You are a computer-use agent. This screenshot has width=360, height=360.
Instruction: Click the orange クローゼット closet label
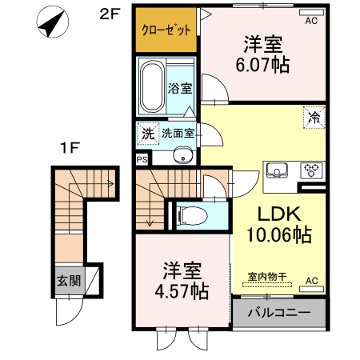166,30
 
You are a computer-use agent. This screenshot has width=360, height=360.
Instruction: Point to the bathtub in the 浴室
151,86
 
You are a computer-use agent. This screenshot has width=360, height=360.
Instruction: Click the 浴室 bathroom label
180,89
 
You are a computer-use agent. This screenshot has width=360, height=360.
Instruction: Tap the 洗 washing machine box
147,133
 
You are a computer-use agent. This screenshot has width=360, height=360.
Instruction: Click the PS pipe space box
142,159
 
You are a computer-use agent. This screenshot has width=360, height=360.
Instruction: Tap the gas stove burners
310,170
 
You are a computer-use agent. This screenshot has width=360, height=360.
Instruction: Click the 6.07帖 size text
262,65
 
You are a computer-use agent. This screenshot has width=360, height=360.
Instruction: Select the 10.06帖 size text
279,235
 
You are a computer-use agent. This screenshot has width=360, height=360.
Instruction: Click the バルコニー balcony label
279,312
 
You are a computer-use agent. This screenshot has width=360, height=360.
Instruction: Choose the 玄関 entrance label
68,281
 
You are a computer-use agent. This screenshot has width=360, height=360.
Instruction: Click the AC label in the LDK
311,280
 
